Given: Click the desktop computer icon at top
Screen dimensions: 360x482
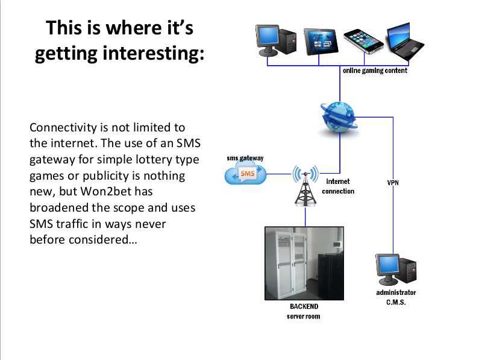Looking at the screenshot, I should coord(277,40).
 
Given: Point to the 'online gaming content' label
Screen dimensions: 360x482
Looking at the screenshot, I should coord(375,71).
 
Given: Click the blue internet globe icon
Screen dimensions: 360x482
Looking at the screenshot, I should coord(339,117).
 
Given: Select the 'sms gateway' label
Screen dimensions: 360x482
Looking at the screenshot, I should coord(245,158).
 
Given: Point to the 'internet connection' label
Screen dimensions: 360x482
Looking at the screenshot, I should coord(338,186).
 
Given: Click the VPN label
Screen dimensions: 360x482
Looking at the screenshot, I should coord(393,182).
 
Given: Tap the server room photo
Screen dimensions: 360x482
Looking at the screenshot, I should coord(304,264).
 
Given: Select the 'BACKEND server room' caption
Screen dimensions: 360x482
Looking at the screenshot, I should coord(304,311).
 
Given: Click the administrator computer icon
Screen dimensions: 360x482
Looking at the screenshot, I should coord(395,269).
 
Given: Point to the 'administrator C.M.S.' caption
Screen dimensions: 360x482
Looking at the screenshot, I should coord(396,297).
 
